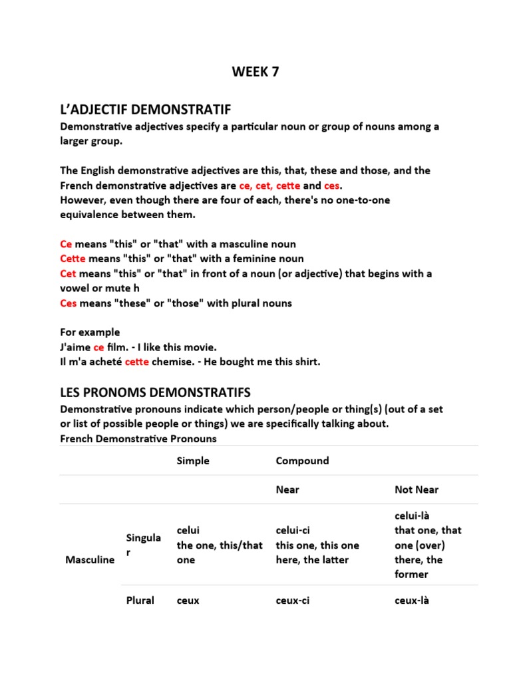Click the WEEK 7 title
[x=255, y=72]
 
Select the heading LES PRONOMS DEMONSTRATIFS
[x=155, y=392]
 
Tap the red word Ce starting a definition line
[x=65, y=244]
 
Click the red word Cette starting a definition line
[x=73, y=259]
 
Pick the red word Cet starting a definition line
[x=69, y=273]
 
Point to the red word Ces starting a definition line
[x=69, y=303]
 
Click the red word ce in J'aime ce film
[x=98, y=347]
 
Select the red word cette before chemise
[x=137, y=362]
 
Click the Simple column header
[x=193, y=461]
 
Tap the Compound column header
[x=302, y=461]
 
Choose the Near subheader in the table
[x=287, y=489]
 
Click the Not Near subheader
[x=417, y=489]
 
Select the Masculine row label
[x=90, y=560]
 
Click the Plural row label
[x=140, y=601]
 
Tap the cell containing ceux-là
[x=412, y=601]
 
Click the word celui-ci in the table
[x=293, y=530]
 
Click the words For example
[x=90, y=333]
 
